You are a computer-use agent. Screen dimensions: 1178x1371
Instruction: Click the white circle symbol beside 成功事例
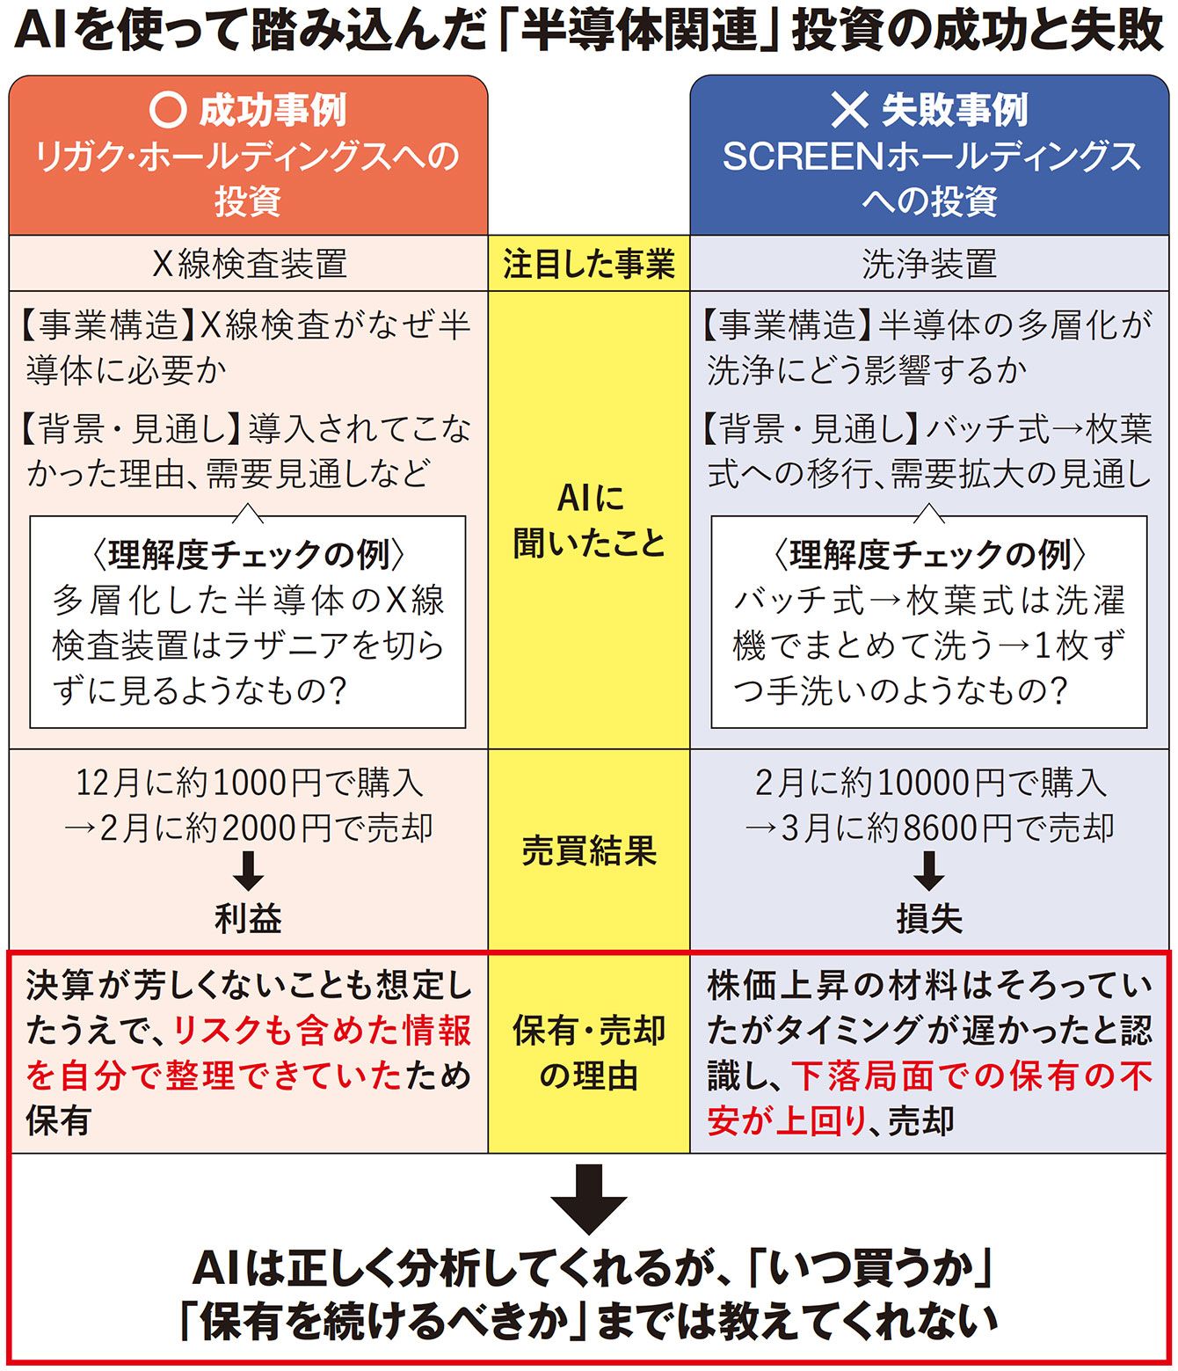coord(167,109)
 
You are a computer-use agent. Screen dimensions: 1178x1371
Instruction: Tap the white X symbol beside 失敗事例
coord(849,109)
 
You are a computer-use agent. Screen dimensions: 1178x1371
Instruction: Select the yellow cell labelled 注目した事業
coord(589,263)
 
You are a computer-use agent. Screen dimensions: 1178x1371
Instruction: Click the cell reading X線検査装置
coord(250,263)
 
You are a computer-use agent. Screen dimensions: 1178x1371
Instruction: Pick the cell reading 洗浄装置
coord(929,263)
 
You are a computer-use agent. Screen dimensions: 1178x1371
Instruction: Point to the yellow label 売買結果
coord(589,850)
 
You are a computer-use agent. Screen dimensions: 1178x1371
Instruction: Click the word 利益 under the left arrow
coord(249,919)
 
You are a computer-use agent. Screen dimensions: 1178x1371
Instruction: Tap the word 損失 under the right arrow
coord(929,919)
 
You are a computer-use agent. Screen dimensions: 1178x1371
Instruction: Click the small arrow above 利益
coord(249,871)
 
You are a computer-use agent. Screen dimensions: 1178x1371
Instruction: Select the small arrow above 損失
coord(929,871)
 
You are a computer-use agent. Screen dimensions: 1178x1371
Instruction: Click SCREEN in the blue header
coord(803,157)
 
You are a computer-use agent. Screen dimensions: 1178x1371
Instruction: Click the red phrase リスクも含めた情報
coord(322,1031)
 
